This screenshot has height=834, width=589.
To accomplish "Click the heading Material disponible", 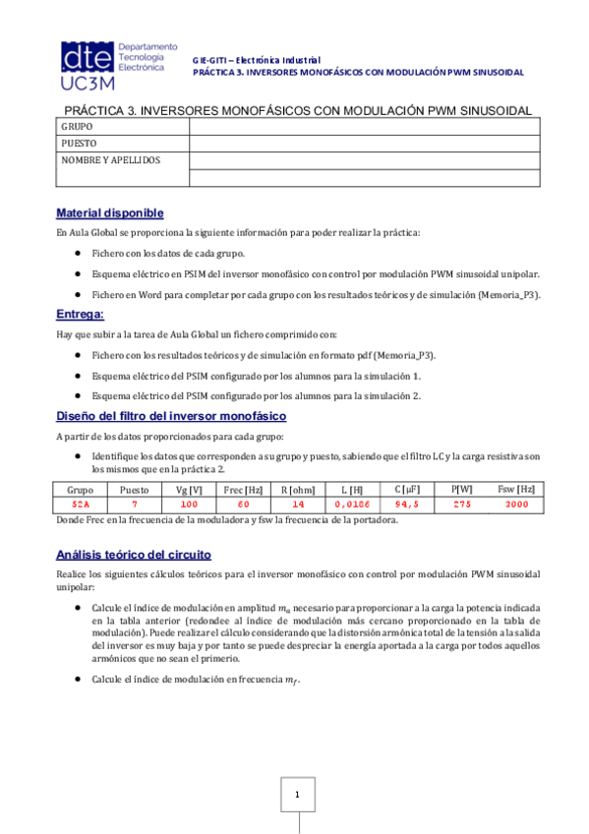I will (110, 213).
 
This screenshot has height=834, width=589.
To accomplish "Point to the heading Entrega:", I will (81, 314).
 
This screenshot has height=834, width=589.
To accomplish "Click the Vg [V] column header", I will (189, 489).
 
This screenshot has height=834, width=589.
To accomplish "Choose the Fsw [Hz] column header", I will (515, 489).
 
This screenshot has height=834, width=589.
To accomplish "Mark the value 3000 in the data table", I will (515, 504).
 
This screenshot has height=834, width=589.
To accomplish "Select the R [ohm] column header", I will (297, 489).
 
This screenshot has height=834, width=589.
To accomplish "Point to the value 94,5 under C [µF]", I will (406, 504).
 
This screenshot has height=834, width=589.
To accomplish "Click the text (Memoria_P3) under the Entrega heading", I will (404, 354).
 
